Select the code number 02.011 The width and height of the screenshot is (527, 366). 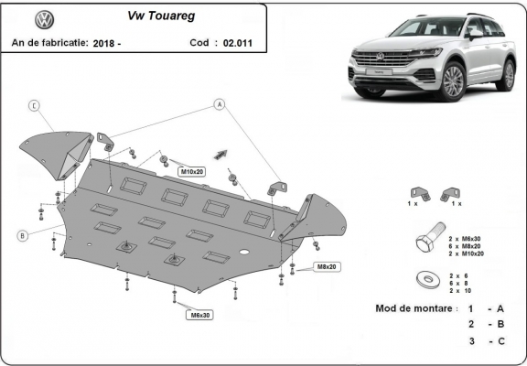(232, 42)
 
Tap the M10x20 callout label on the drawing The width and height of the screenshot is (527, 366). (191, 171)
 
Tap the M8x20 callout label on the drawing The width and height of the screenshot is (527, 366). (327, 266)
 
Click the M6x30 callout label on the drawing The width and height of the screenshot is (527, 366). (199, 315)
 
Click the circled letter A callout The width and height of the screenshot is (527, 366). (220, 104)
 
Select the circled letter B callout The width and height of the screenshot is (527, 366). (20, 236)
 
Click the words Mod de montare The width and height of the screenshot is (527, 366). (414, 307)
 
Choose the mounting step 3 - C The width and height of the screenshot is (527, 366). (486, 340)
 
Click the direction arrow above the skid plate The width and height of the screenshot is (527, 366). (220, 153)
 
